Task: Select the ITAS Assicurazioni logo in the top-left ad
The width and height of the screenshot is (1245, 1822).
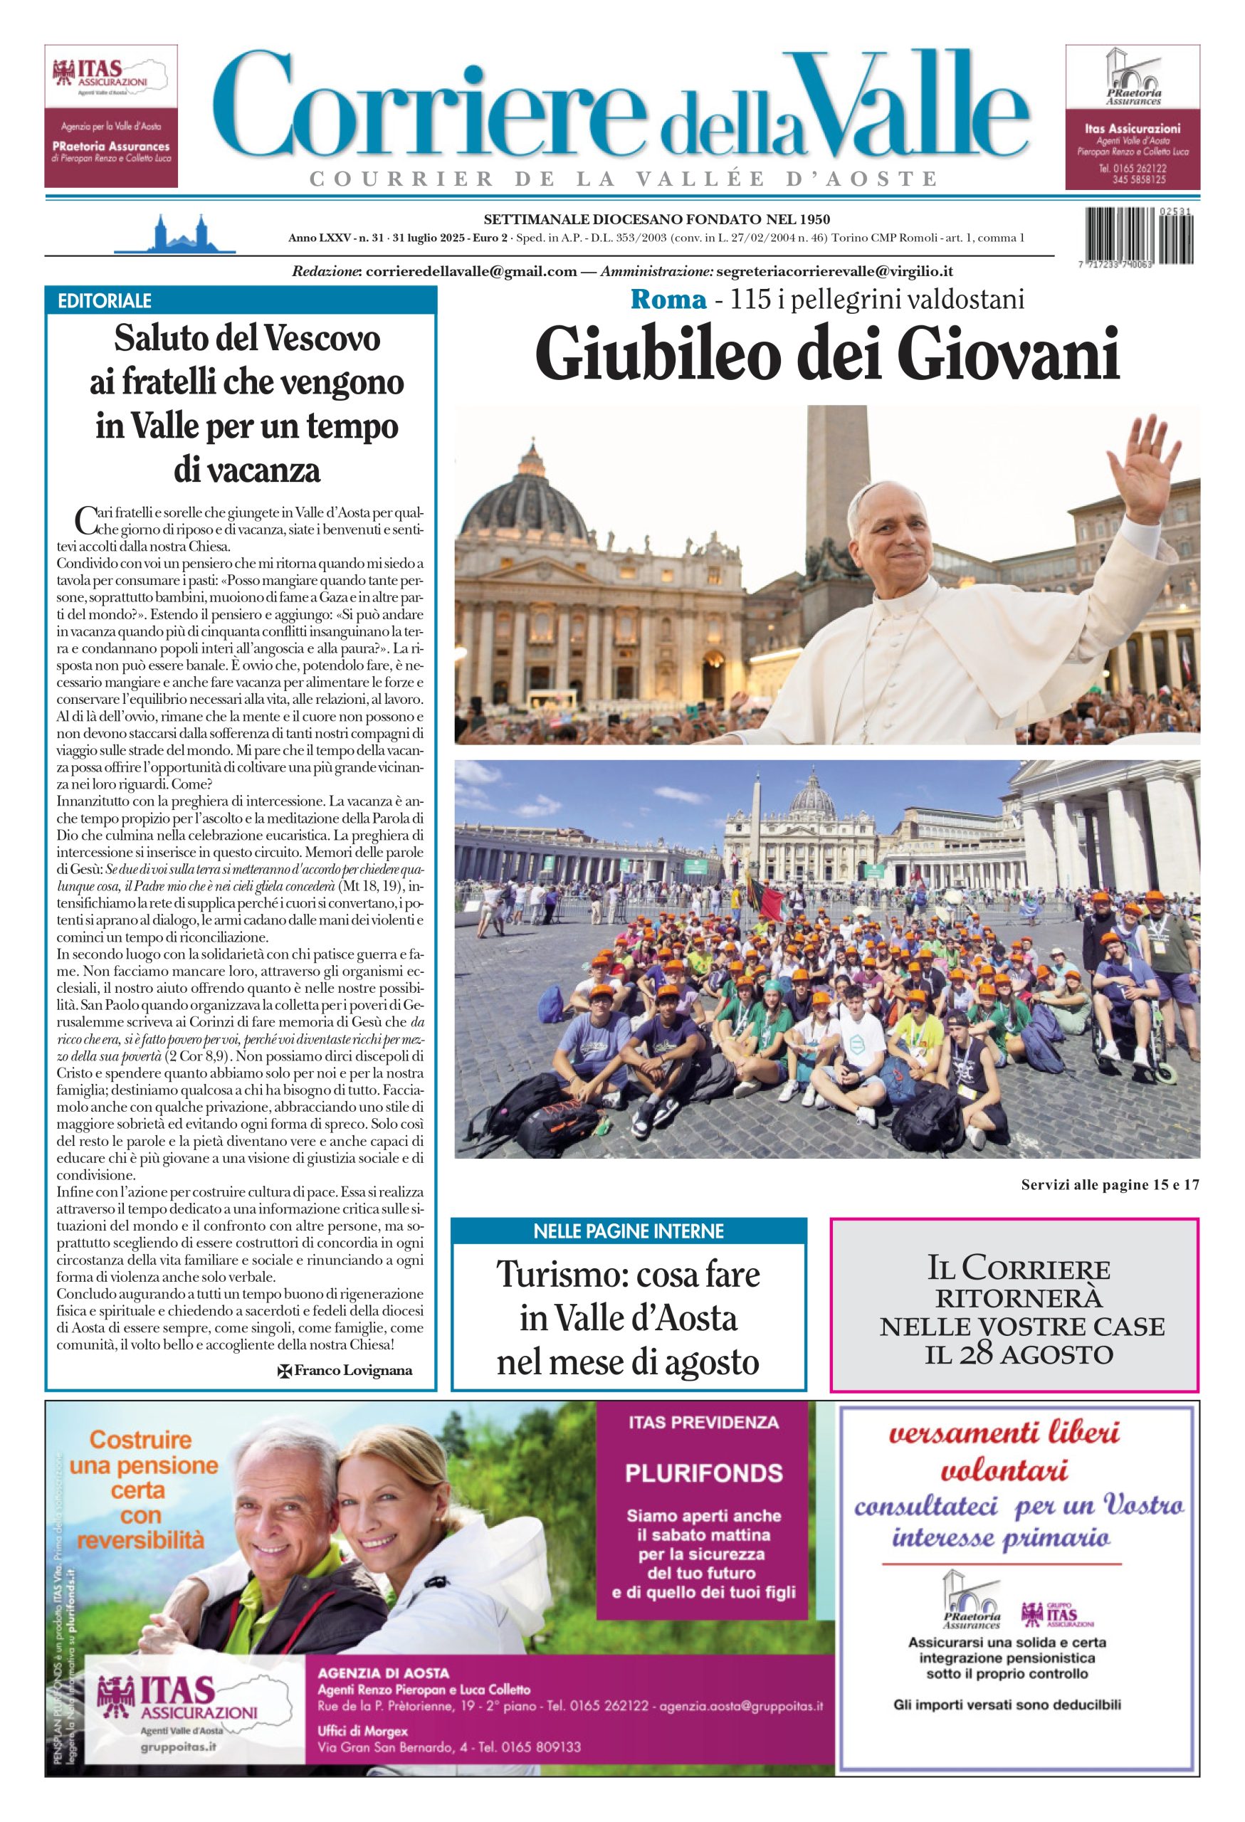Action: click(110, 76)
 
